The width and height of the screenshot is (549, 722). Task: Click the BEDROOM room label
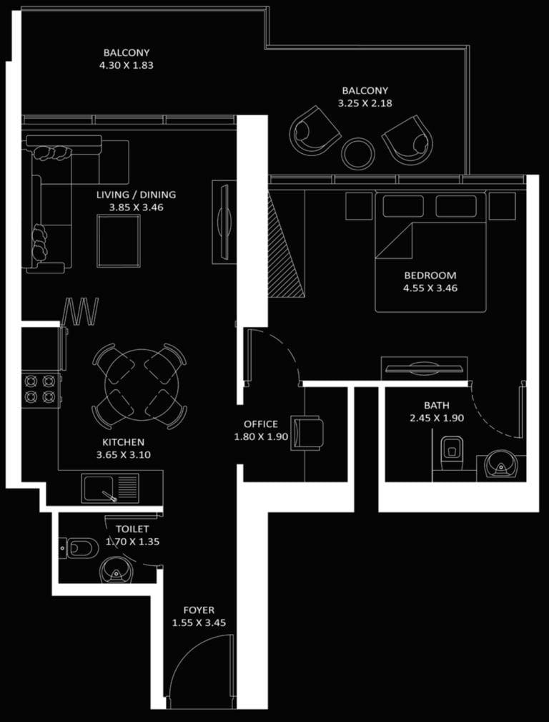point(430,275)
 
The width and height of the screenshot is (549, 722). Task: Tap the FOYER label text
point(199,610)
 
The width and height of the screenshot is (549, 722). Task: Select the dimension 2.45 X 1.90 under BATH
point(436,418)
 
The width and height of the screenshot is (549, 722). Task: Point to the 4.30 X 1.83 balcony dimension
point(127,65)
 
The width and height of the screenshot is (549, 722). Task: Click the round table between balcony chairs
point(357,152)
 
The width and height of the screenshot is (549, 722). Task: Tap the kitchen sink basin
point(101,489)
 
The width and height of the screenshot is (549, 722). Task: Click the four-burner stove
point(40,389)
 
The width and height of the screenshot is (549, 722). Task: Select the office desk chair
point(308,434)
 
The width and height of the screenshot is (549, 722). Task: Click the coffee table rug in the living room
point(119,240)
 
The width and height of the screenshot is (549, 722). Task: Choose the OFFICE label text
point(261,424)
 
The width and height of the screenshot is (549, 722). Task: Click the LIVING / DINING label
point(137,195)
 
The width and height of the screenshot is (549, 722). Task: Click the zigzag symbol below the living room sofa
point(81,311)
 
